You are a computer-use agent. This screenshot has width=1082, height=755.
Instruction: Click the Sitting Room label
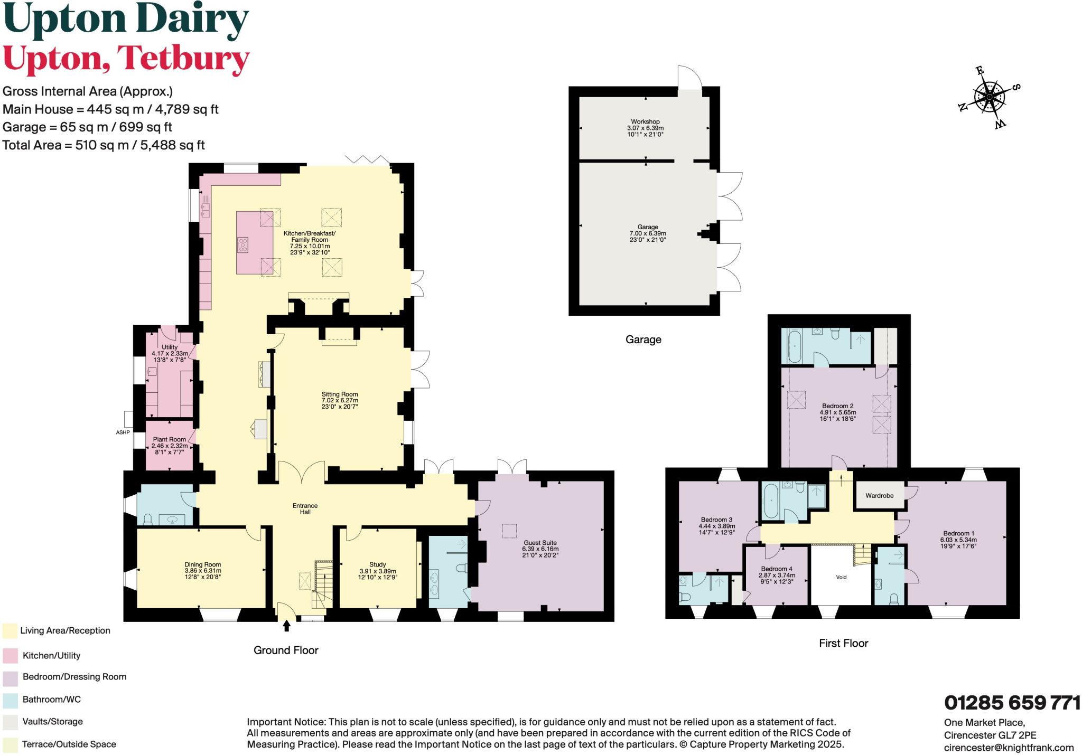click(340, 400)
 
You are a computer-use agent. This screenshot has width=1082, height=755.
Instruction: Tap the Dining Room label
click(203, 571)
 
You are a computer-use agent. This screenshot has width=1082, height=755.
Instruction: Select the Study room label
click(378, 571)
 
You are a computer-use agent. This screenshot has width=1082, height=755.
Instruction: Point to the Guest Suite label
click(540, 549)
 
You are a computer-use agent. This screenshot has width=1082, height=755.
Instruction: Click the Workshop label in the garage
click(645, 128)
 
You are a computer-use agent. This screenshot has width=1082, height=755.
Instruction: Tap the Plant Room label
click(170, 445)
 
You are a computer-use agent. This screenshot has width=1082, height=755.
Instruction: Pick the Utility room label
click(170, 353)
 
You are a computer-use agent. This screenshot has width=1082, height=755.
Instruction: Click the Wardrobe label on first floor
click(879, 496)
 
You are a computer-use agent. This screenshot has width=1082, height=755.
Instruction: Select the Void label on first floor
click(841, 577)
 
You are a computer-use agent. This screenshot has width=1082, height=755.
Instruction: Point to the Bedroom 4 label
click(777, 575)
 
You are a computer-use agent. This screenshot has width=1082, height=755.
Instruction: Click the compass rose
click(990, 97)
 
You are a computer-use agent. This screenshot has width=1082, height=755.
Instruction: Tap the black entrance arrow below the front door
click(286, 626)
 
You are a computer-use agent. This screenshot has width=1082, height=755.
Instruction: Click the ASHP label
click(123, 432)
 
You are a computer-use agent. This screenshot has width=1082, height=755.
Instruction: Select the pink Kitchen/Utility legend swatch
click(11, 656)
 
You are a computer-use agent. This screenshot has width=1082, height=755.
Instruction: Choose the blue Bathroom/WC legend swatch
click(11, 700)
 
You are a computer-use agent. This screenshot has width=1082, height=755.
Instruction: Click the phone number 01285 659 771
click(1012, 703)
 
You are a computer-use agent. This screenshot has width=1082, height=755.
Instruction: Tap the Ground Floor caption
click(286, 650)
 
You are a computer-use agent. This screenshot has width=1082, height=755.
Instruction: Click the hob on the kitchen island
click(242, 246)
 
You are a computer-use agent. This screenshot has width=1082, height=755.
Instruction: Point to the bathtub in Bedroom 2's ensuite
click(794, 346)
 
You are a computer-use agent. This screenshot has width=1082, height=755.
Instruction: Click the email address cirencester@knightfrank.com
click(1009, 748)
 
